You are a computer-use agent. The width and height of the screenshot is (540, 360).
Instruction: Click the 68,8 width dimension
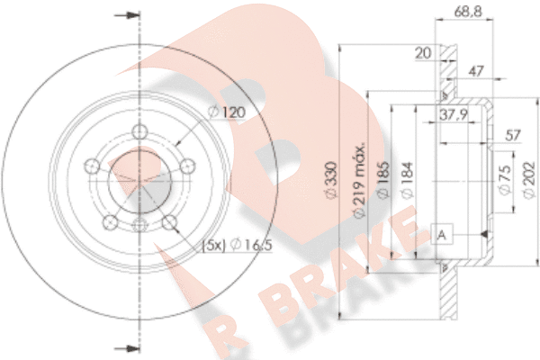point(468,12)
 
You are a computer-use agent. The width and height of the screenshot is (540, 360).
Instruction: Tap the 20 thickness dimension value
point(423,53)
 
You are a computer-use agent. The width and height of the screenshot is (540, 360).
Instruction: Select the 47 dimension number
point(476,71)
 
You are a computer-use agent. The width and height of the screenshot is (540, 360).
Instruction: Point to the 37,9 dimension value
point(454,114)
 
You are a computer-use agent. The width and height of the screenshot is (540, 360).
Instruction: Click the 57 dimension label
point(513,135)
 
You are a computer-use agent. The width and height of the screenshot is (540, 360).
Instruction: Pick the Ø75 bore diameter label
point(505,180)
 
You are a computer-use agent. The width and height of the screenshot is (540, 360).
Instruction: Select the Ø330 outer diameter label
point(331,180)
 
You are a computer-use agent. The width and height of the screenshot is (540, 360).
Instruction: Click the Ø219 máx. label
point(359,180)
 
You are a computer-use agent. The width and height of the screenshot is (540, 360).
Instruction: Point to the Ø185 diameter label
point(383,180)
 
